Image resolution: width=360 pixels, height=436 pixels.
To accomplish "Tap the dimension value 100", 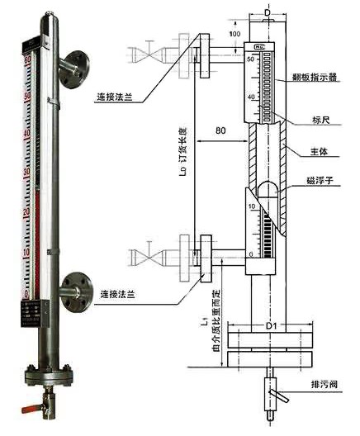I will coord(235,34).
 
